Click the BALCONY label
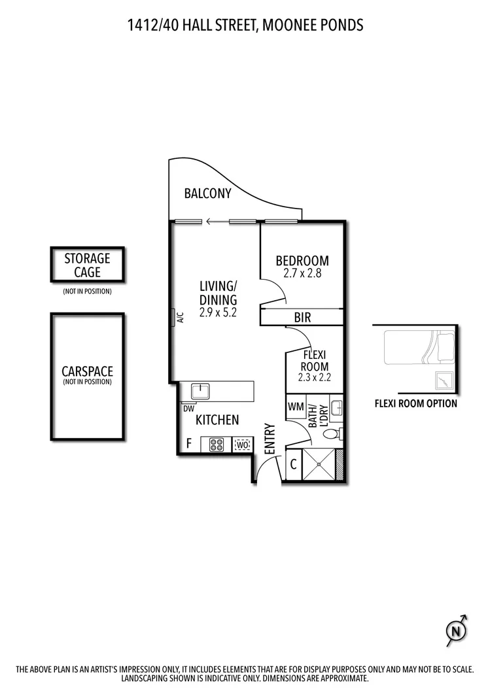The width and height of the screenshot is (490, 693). pyautogui.click(x=207, y=194)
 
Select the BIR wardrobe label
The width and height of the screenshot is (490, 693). pyautogui.click(x=302, y=318)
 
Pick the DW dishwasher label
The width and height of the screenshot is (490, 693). pyautogui.click(x=188, y=409)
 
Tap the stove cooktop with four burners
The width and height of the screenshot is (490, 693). pyautogui.click(x=217, y=445)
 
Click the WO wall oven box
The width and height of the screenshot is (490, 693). pyautogui.click(x=242, y=445)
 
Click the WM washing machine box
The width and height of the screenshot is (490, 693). pyautogui.click(x=296, y=407)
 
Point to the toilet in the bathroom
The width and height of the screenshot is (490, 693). pyautogui.click(x=332, y=434)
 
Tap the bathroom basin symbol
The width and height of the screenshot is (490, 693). pyautogui.click(x=338, y=408)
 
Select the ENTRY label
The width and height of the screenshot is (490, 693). pyautogui.click(x=270, y=439)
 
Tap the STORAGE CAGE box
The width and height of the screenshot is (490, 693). pyautogui.click(x=87, y=265)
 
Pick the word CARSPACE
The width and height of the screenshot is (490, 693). pyautogui.click(x=87, y=371)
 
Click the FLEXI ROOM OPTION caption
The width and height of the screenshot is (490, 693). pyautogui.click(x=415, y=403)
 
